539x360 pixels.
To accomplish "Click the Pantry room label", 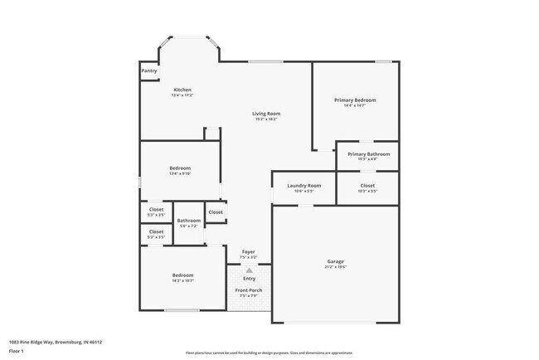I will (149, 71).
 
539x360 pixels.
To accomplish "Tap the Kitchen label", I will (182, 90).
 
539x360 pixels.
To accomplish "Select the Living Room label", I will (266, 114).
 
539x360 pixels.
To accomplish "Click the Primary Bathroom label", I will (368, 153).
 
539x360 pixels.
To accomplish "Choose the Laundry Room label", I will (303, 186).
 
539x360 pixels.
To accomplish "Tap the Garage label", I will (335, 261).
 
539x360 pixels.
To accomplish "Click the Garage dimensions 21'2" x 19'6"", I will (335, 267).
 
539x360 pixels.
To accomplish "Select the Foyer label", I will (248, 251).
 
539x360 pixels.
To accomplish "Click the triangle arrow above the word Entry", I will (249, 270).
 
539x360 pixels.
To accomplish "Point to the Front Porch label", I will (249, 290).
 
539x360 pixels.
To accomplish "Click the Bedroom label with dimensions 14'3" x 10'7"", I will (182, 275).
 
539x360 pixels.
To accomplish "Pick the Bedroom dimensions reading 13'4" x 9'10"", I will (180, 173).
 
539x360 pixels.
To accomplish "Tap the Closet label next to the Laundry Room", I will (367, 186).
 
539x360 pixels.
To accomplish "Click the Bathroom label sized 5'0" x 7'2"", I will (189, 221).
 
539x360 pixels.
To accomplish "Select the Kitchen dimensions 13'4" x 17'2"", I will (182, 95).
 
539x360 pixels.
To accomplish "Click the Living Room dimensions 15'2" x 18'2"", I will (266, 119).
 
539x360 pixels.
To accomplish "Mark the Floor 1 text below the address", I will (17, 351).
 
